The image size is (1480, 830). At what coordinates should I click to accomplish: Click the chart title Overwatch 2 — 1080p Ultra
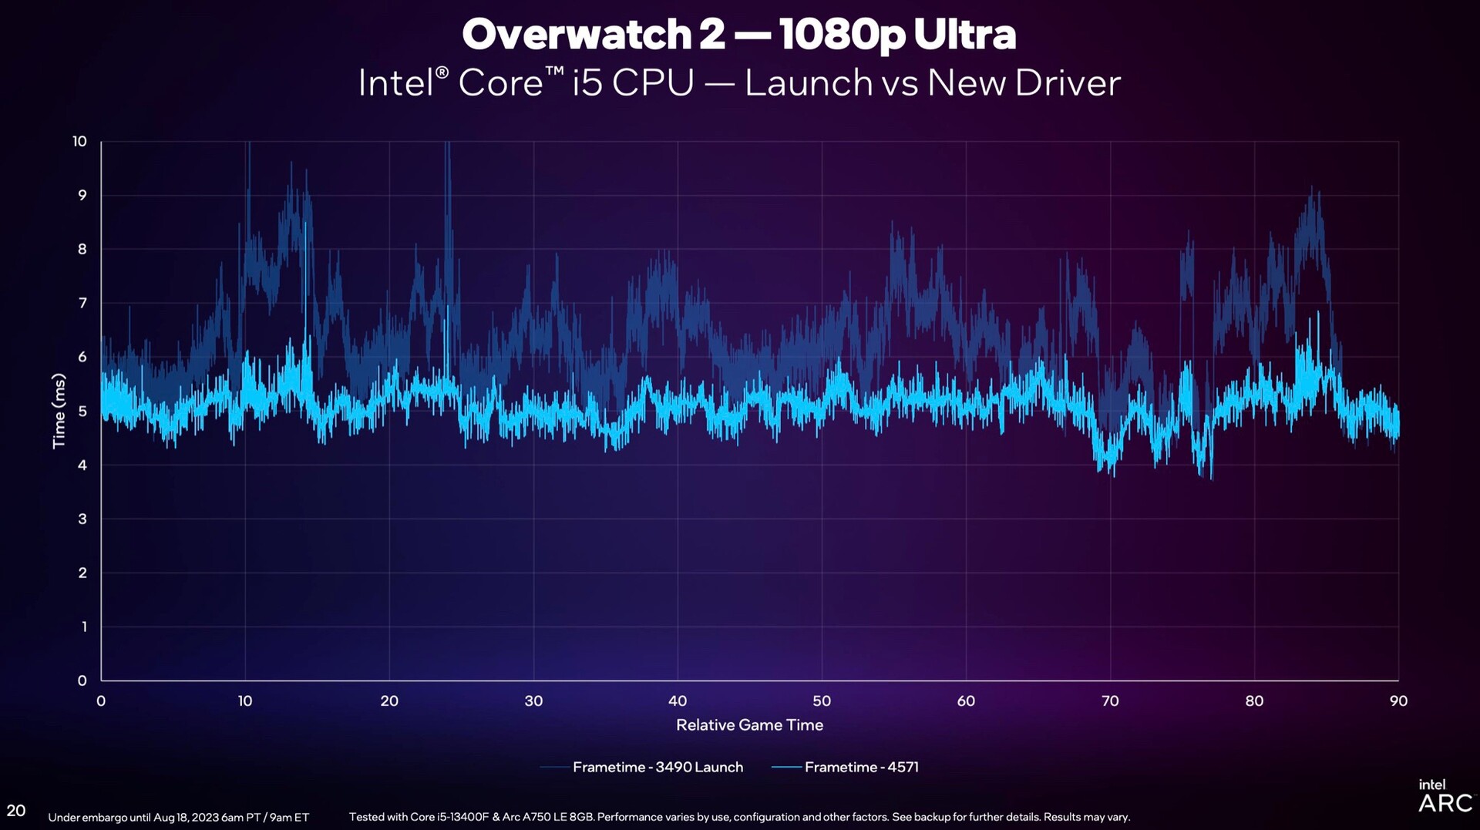738,35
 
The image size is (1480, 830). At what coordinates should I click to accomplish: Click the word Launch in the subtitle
808,83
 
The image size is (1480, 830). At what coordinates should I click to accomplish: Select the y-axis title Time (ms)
59,411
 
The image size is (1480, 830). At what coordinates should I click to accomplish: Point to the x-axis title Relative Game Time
749,724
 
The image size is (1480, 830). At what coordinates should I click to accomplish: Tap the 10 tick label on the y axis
79,141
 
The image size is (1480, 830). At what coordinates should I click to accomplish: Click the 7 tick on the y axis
82,303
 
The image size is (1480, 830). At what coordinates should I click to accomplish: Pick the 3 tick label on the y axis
82,519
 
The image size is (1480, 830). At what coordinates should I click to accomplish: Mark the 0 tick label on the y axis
82,680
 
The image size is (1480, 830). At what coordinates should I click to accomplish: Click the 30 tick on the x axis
533,701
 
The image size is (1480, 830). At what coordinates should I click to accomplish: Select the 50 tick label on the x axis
822,701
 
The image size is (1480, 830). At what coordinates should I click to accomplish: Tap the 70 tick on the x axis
1110,701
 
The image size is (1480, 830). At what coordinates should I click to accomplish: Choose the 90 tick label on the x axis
1398,701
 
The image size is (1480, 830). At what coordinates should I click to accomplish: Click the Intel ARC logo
1444,797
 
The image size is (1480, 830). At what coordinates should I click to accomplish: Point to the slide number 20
16,810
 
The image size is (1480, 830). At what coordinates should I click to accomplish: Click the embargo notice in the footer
178,817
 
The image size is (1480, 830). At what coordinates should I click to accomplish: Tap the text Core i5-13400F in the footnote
446,817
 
